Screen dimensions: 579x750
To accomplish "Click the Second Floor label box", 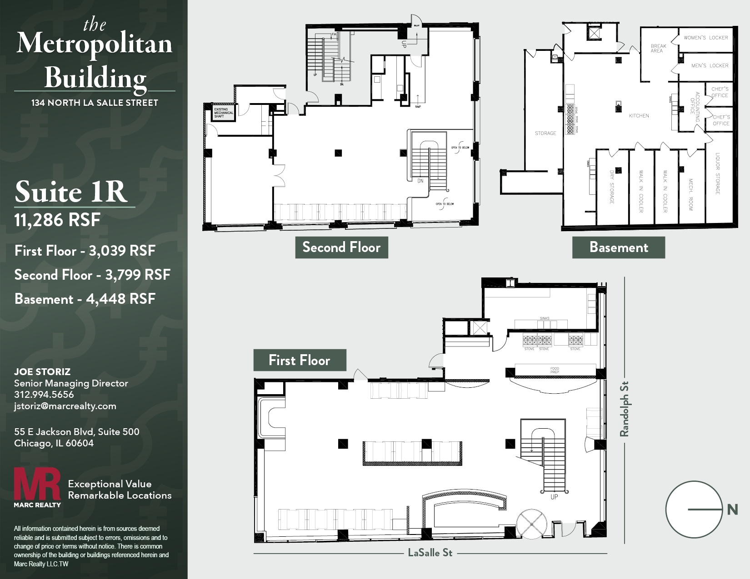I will click(341, 247).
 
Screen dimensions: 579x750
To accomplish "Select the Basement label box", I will click(618, 247).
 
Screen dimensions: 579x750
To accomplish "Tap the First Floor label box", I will click(300, 360).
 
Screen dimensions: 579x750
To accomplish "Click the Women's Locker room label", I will click(705, 38).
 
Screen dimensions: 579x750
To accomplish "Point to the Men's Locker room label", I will click(710, 66).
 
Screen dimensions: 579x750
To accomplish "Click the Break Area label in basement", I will click(658, 48).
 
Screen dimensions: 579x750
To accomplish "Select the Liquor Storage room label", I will click(718, 173).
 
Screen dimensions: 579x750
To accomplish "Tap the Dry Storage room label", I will click(611, 187).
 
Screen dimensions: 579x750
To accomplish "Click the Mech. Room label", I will click(690, 194).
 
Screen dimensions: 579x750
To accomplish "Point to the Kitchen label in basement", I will click(639, 116).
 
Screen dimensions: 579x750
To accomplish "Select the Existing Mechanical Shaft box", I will click(224, 113).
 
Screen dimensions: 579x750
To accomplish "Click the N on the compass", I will click(732, 510).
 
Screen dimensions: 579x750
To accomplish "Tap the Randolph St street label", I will click(625, 409).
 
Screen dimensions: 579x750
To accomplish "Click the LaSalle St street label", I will click(430, 553).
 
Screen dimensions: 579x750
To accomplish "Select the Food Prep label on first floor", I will click(555, 370).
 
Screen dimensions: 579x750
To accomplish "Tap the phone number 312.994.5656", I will click(44, 395).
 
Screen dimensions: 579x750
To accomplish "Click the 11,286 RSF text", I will click(57, 220).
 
